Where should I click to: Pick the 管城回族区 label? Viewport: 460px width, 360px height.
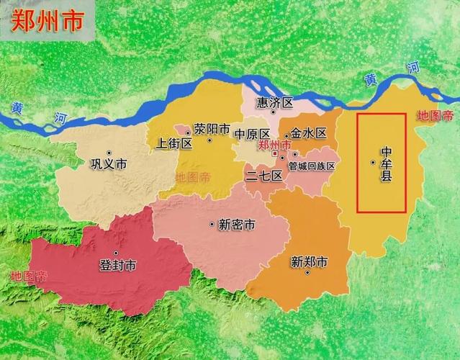coord(312,166)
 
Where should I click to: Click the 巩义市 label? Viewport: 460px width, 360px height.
coord(109,165)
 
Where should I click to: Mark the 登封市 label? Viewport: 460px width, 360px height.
coord(118,265)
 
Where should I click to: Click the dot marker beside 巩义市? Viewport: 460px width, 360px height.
coord(109,153)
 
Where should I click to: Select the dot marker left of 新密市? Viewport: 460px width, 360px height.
coord(212,225)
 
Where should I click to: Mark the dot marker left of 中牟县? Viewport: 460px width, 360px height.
coord(372,163)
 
